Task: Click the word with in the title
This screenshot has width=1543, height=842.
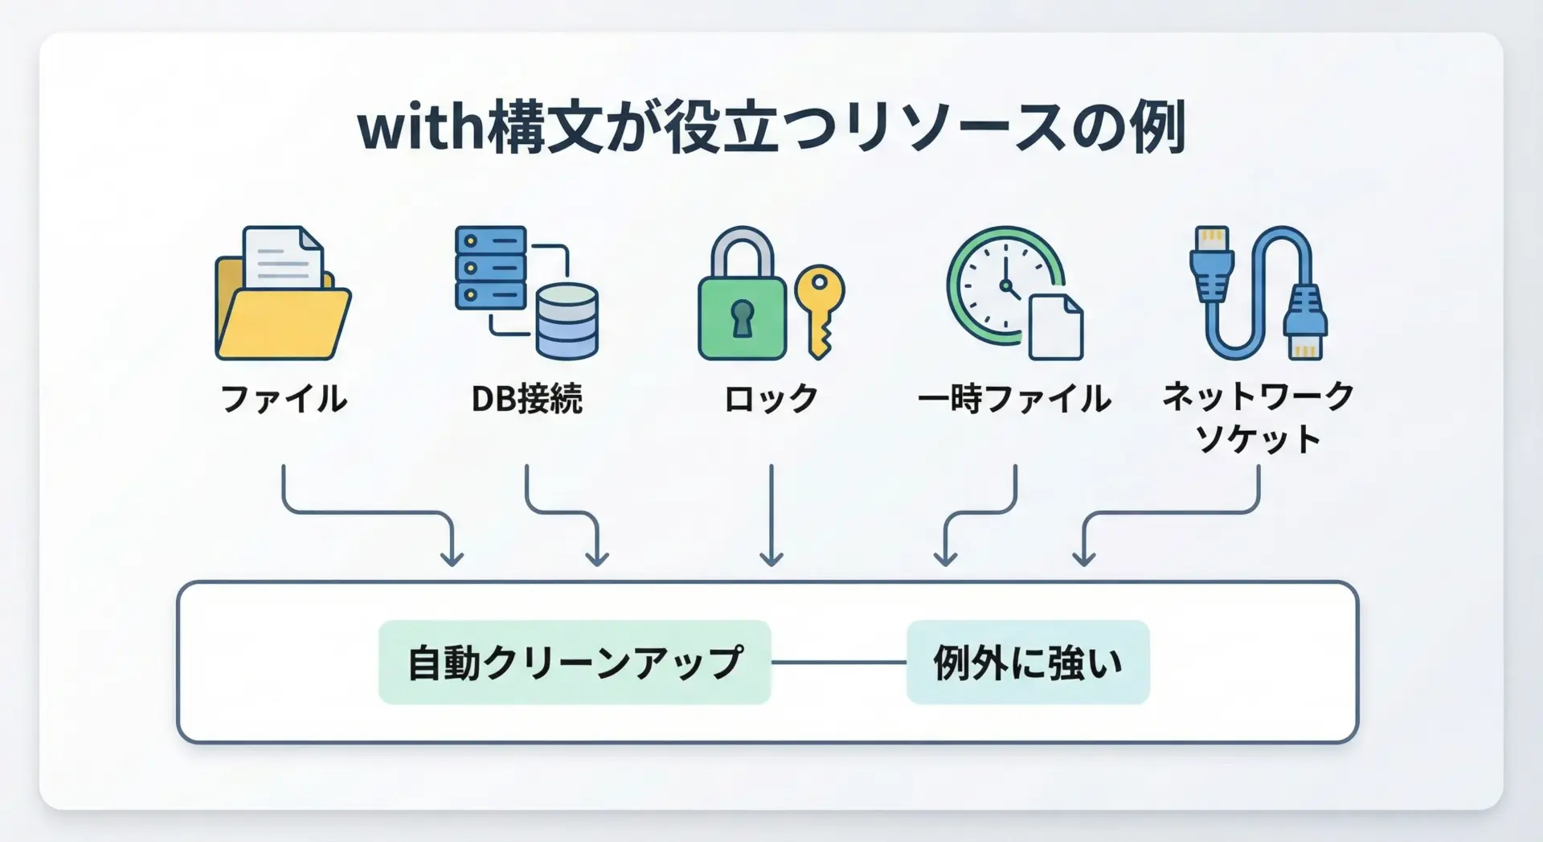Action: tap(420, 129)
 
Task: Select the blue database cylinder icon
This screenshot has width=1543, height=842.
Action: tap(567, 322)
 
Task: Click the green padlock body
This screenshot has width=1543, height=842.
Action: tap(741, 317)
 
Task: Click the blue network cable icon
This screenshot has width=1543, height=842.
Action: tap(1258, 293)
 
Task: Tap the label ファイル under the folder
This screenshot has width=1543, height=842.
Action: tap(283, 399)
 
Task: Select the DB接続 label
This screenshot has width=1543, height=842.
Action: tap(526, 399)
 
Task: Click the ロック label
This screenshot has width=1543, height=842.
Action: tap(771, 399)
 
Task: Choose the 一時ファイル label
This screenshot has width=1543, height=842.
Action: tap(1014, 399)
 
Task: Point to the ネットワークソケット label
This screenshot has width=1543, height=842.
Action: tap(1258, 417)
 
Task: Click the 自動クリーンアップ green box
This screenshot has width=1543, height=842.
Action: tap(575, 663)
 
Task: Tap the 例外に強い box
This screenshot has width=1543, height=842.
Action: tap(1028, 663)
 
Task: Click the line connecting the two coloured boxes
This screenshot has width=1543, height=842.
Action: tap(838, 663)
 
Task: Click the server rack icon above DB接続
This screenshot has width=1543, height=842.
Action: tap(490, 268)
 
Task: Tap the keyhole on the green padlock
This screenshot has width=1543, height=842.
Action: tap(742, 317)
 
